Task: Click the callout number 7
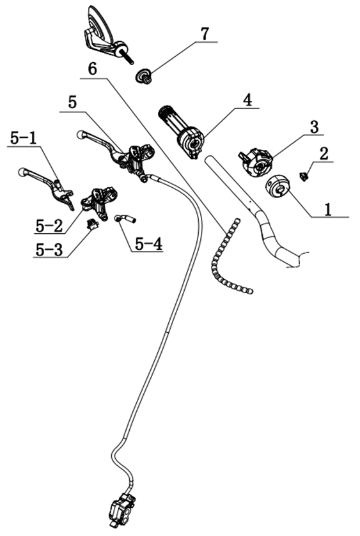click(x=204, y=34)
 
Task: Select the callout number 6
click(x=92, y=70)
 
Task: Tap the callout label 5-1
click(x=23, y=138)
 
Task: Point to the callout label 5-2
click(x=49, y=226)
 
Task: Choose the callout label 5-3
click(x=49, y=250)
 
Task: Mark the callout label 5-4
click(x=148, y=244)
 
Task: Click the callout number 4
click(x=247, y=100)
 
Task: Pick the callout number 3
click(x=314, y=127)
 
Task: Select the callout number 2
click(x=324, y=153)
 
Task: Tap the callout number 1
click(x=328, y=209)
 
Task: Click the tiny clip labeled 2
click(x=303, y=176)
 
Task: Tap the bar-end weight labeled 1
click(x=278, y=187)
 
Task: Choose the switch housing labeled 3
click(x=256, y=162)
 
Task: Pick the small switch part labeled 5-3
click(x=91, y=224)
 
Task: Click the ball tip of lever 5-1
click(x=22, y=172)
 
